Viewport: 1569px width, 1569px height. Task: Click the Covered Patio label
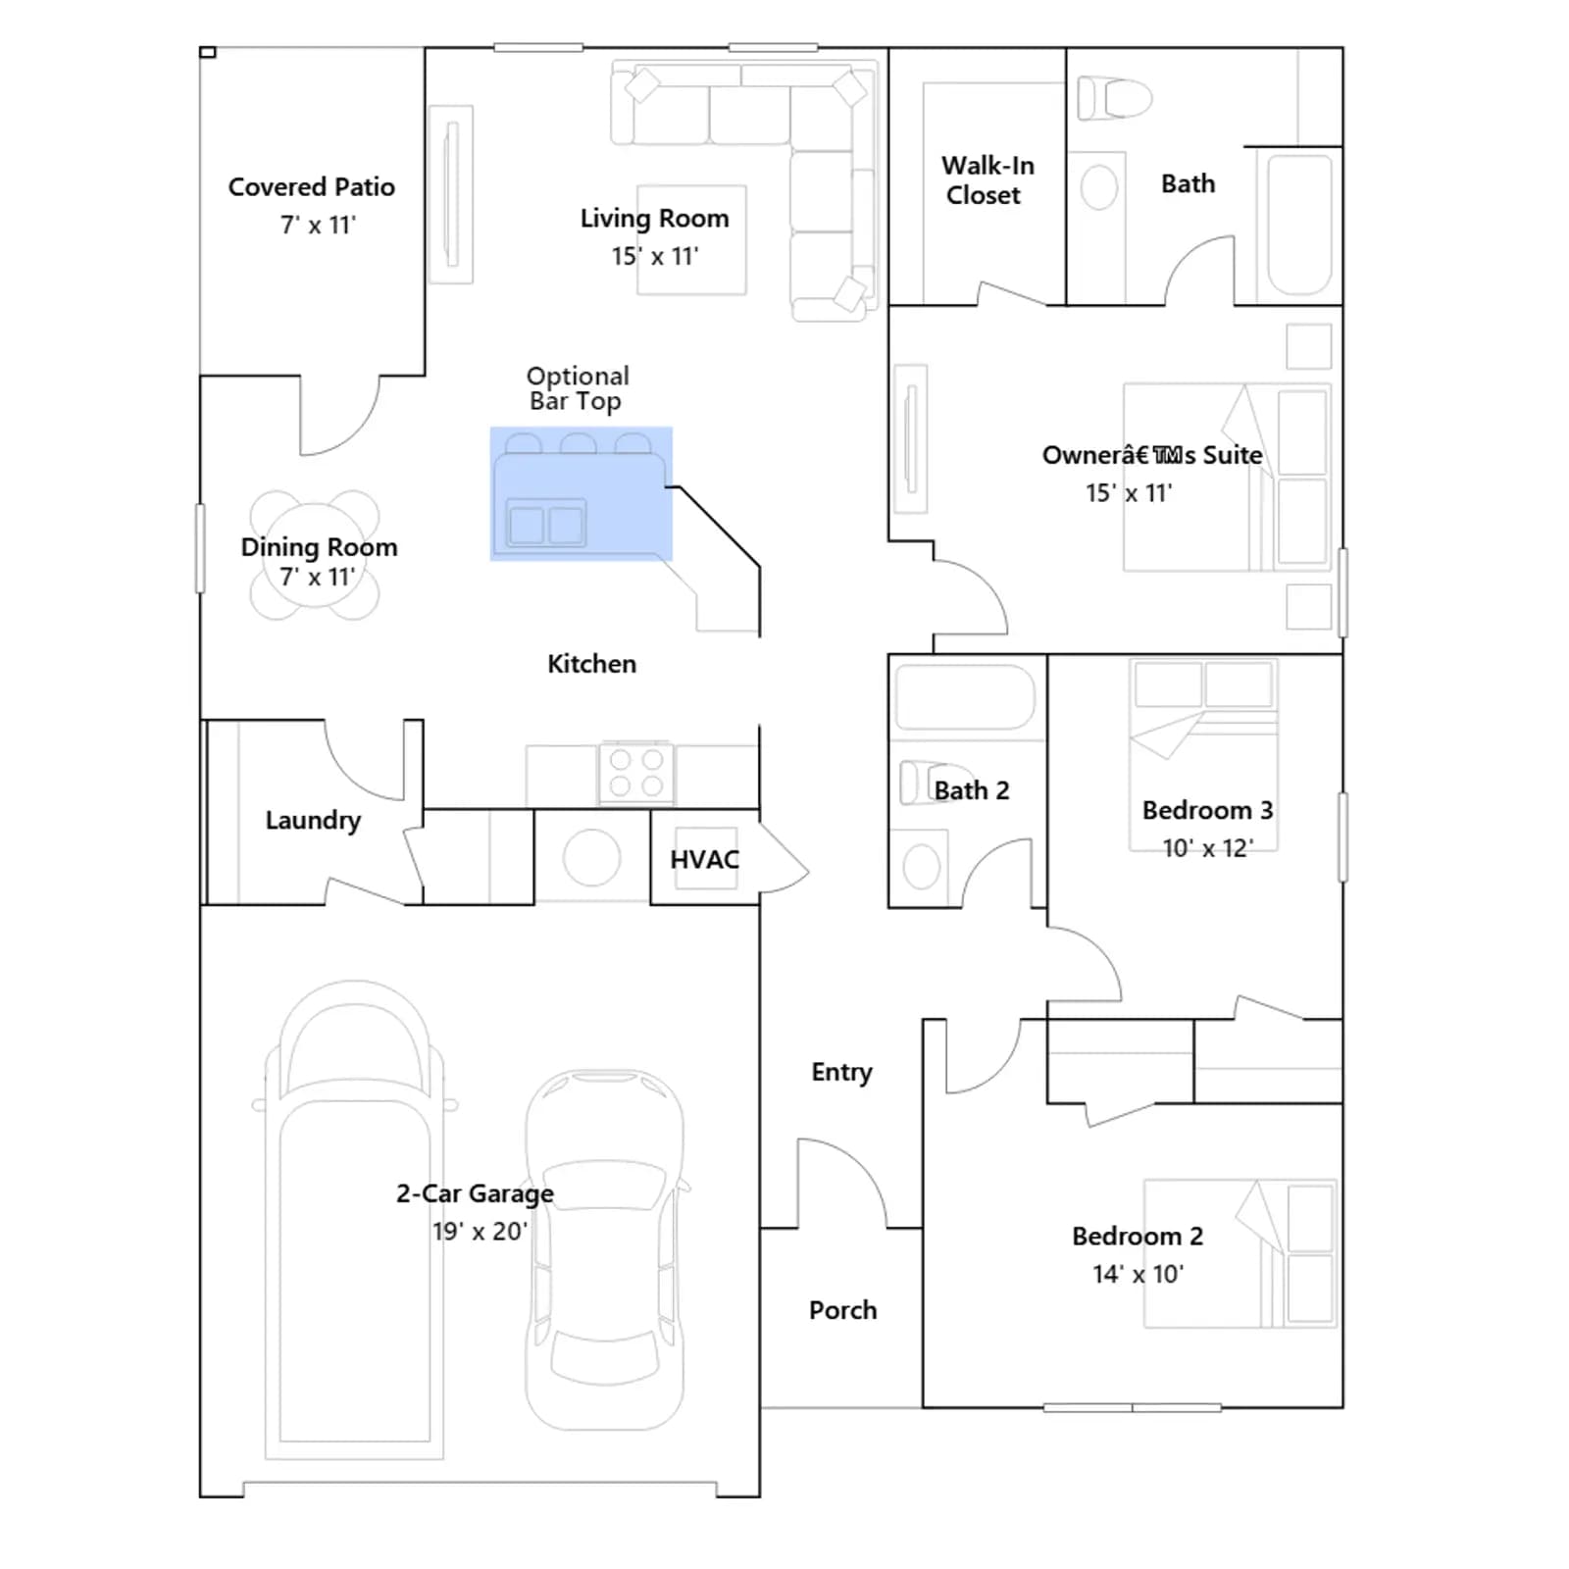point(312,187)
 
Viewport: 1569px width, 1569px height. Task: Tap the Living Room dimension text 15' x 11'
point(655,256)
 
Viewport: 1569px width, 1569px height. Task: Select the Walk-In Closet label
point(987,180)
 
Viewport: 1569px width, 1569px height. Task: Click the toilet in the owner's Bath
point(1114,98)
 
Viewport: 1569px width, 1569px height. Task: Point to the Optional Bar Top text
point(578,389)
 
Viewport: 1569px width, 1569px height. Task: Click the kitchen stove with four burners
point(636,773)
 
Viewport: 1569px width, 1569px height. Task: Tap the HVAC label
point(704,860)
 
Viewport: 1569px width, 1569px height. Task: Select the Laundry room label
point(313,820)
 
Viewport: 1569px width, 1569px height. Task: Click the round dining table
point(314,556)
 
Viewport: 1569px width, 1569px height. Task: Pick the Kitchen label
point(591,664)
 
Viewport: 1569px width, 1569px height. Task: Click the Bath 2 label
point(971,790)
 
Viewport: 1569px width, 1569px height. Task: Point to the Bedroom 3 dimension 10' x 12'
point(1207,848)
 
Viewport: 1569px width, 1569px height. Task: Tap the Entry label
point(841,1073)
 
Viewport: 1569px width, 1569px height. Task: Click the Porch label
point(842,1310)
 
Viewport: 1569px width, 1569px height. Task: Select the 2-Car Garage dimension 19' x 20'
point(480,1231)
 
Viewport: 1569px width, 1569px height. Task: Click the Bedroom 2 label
point(1138,1236)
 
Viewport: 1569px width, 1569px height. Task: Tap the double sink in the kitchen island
point(546,524)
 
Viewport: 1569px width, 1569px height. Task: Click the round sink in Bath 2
point(921,867)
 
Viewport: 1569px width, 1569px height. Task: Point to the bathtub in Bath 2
point(966,697)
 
